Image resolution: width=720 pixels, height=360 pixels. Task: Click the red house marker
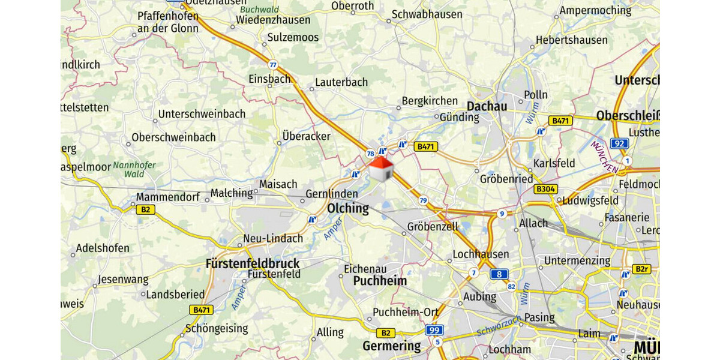tap(381, 169)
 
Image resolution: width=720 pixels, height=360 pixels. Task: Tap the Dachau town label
tap(487, 106)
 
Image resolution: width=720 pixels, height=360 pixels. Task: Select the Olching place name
tap(348, 209)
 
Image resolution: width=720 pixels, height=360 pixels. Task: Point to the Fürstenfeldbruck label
tap(252, 263)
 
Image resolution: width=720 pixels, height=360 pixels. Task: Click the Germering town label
tap(391, 346)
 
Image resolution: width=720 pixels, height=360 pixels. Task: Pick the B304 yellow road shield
tap(546, 189)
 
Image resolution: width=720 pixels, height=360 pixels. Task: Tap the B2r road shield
tap(641, 269)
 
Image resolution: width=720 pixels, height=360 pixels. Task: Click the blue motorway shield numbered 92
tap(619, 143)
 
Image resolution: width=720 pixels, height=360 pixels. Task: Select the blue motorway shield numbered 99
tap(434, 330)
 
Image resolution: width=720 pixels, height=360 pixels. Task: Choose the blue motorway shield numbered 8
tap(499, 274)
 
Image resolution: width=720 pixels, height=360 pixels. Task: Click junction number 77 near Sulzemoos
tap(274, 65)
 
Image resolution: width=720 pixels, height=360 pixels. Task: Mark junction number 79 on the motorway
tap(424, 200)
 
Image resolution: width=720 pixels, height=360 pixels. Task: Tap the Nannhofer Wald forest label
tap(134, 169)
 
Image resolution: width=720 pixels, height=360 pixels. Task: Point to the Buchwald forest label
tap(259, 10)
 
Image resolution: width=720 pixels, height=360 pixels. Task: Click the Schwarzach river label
tap(499, 325)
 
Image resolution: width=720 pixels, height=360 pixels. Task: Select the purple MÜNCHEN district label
tap(604, 157)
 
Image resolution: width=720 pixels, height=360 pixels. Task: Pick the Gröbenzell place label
tap(433, 227)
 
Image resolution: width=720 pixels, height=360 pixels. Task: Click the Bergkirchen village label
tap(430, 101)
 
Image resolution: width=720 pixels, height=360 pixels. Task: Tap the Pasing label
tap(539, 317)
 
